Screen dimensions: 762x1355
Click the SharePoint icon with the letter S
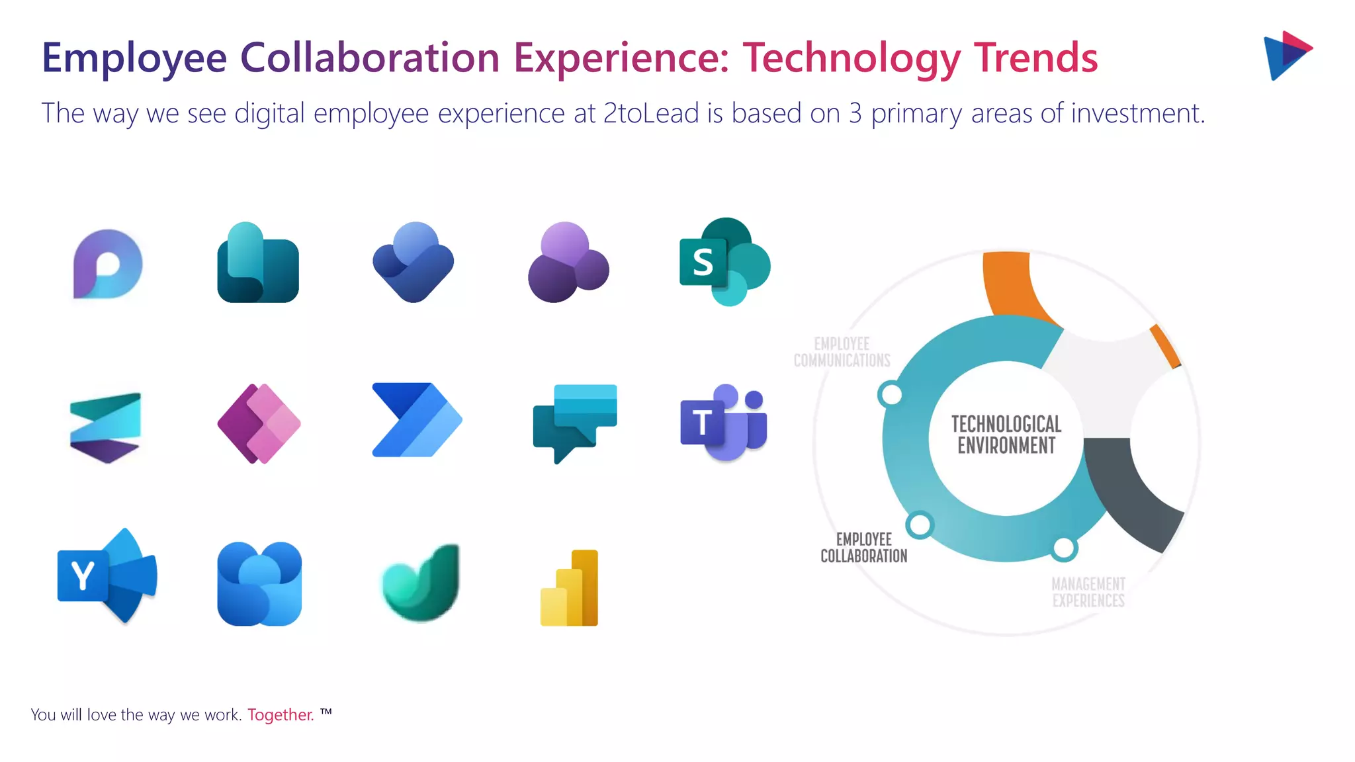[724, 262]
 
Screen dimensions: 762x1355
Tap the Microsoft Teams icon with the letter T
[723, 422]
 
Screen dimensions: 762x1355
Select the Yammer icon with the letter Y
[107, 575]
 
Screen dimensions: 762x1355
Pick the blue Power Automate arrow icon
[416, 420]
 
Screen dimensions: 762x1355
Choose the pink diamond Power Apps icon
[259, 423]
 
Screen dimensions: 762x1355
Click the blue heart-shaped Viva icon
[414, 262]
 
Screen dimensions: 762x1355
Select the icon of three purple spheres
[568, 263]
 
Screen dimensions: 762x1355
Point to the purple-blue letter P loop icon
[107, 264]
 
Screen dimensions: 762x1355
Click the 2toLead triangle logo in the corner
[1287, 55]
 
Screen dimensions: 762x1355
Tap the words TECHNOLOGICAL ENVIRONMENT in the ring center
[1006, 435]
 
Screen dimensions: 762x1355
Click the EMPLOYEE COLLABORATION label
[863, 548]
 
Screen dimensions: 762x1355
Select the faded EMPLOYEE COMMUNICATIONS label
[842, 352]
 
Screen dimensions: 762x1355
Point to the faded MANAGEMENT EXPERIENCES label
[1088, 592]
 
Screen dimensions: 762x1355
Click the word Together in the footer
[281, 715]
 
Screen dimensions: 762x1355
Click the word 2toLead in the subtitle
[651, 113]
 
